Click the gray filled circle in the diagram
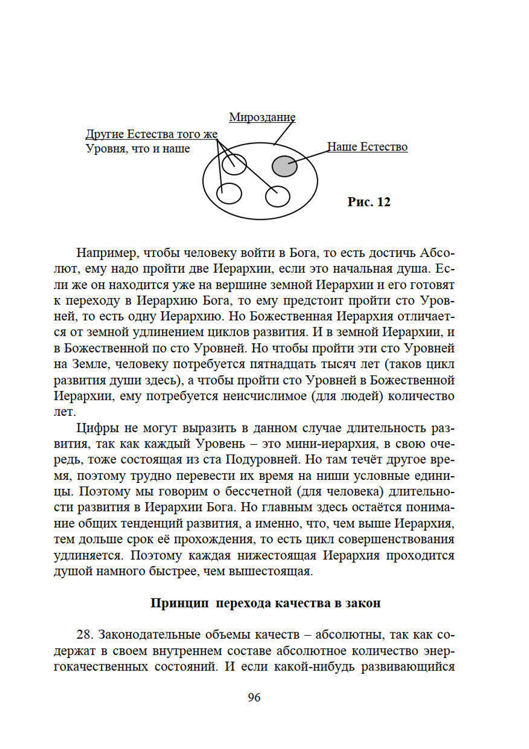coord(285,166)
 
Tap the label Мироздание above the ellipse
coord(262,117)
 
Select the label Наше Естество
coord(367,147)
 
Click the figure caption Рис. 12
coord(369,202)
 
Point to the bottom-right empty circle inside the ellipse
coord(278,196)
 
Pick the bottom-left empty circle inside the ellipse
coord(230,193)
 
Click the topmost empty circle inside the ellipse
coord(234,164)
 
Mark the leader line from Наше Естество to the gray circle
coord(309,157)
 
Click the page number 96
coord(254,698)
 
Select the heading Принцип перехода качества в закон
coord(265,603)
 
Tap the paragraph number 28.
coord(85,635)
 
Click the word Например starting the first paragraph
coord(107,253)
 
